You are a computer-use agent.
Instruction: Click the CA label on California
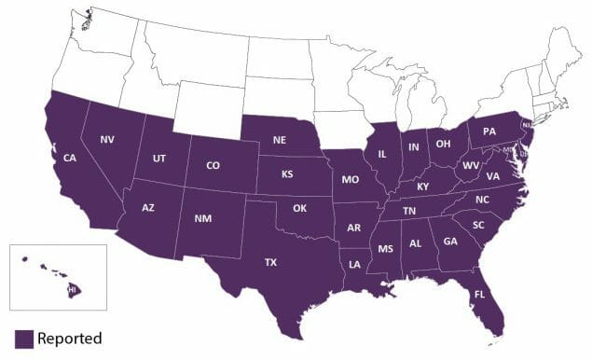(x=70, y=158)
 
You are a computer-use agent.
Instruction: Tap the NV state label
(x=108, y=139)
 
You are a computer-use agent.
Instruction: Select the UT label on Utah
(x=159, y=159)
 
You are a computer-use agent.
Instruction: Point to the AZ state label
(x=148, y=207)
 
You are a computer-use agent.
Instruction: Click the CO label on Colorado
(x=213, y=166)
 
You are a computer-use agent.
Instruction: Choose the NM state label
(x=202, y=219)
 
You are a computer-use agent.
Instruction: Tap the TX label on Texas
(x=270, y=262)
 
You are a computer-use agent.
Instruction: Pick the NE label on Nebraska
(x=279, y=140)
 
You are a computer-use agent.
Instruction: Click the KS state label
(x=288, y=174)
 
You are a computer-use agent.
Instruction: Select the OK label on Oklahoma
(x=299, y=208)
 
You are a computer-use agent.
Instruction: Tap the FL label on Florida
(x=479, y=294)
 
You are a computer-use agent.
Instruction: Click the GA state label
(x=450, y=242)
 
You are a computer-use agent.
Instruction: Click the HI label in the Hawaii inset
(x=72, y=290)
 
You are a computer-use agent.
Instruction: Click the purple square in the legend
(x=23, y=338)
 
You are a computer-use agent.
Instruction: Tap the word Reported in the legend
(x=70, y=338)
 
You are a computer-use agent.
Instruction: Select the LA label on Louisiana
(x=356, y=265)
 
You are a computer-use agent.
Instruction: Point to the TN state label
(x=409, y=212)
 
